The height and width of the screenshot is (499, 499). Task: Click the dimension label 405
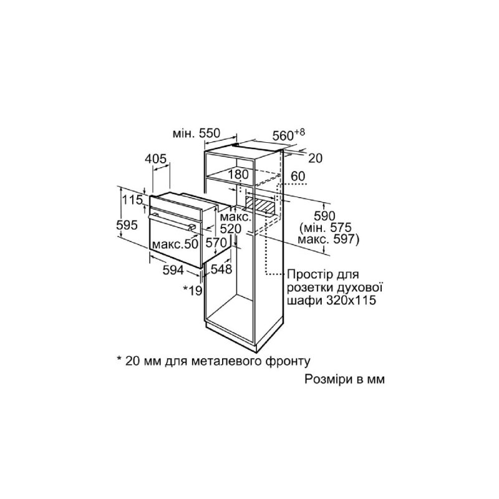point(155,158)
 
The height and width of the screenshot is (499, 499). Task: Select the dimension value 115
point(132,200)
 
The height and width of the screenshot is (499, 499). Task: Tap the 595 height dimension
point(127,225)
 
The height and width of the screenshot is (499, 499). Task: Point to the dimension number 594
point(173,270)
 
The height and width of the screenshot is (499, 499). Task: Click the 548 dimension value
point(221,269)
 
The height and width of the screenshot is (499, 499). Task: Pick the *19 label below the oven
point(193,289)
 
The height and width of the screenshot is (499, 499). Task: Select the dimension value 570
point(216,243)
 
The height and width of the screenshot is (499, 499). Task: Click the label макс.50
point(175,244)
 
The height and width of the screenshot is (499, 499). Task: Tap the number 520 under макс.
point(231,229)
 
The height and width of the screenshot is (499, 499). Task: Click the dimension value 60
point(298,176)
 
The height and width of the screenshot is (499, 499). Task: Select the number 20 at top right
point(316,158)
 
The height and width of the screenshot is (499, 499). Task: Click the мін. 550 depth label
point(196,133)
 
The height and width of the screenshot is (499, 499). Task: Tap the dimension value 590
point(324,216)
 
